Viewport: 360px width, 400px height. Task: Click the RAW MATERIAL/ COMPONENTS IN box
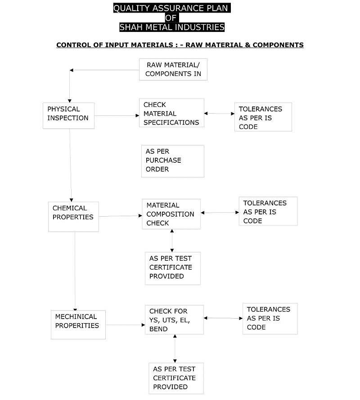[173, 69]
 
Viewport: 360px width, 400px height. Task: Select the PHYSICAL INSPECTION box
[68, 116]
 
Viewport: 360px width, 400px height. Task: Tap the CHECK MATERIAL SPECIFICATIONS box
[171, 113]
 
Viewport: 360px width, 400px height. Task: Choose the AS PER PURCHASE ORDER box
[173, 161]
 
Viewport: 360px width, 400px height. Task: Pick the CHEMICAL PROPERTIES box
[73, 217]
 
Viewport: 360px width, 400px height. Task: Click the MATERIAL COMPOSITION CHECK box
[171, 214]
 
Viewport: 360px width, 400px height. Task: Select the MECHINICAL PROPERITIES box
[78, 325]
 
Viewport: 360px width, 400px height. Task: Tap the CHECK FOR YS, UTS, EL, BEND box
[174, 320]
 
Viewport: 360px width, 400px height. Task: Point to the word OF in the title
[171, 18]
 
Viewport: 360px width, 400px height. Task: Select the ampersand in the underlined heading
[247, 45]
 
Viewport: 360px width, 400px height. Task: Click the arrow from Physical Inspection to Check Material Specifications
[117, 116]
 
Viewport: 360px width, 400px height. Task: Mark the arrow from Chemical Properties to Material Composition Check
[120, 216]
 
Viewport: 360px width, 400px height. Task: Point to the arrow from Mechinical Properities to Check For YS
[125, 325]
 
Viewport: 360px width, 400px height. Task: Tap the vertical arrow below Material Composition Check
[172, 240]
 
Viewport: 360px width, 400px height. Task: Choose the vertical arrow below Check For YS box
[175, 348]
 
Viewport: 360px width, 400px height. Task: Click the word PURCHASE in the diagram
[163, 160]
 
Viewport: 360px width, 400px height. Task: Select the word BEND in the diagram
[158, 329]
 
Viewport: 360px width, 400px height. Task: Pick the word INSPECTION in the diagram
[68, 118]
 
